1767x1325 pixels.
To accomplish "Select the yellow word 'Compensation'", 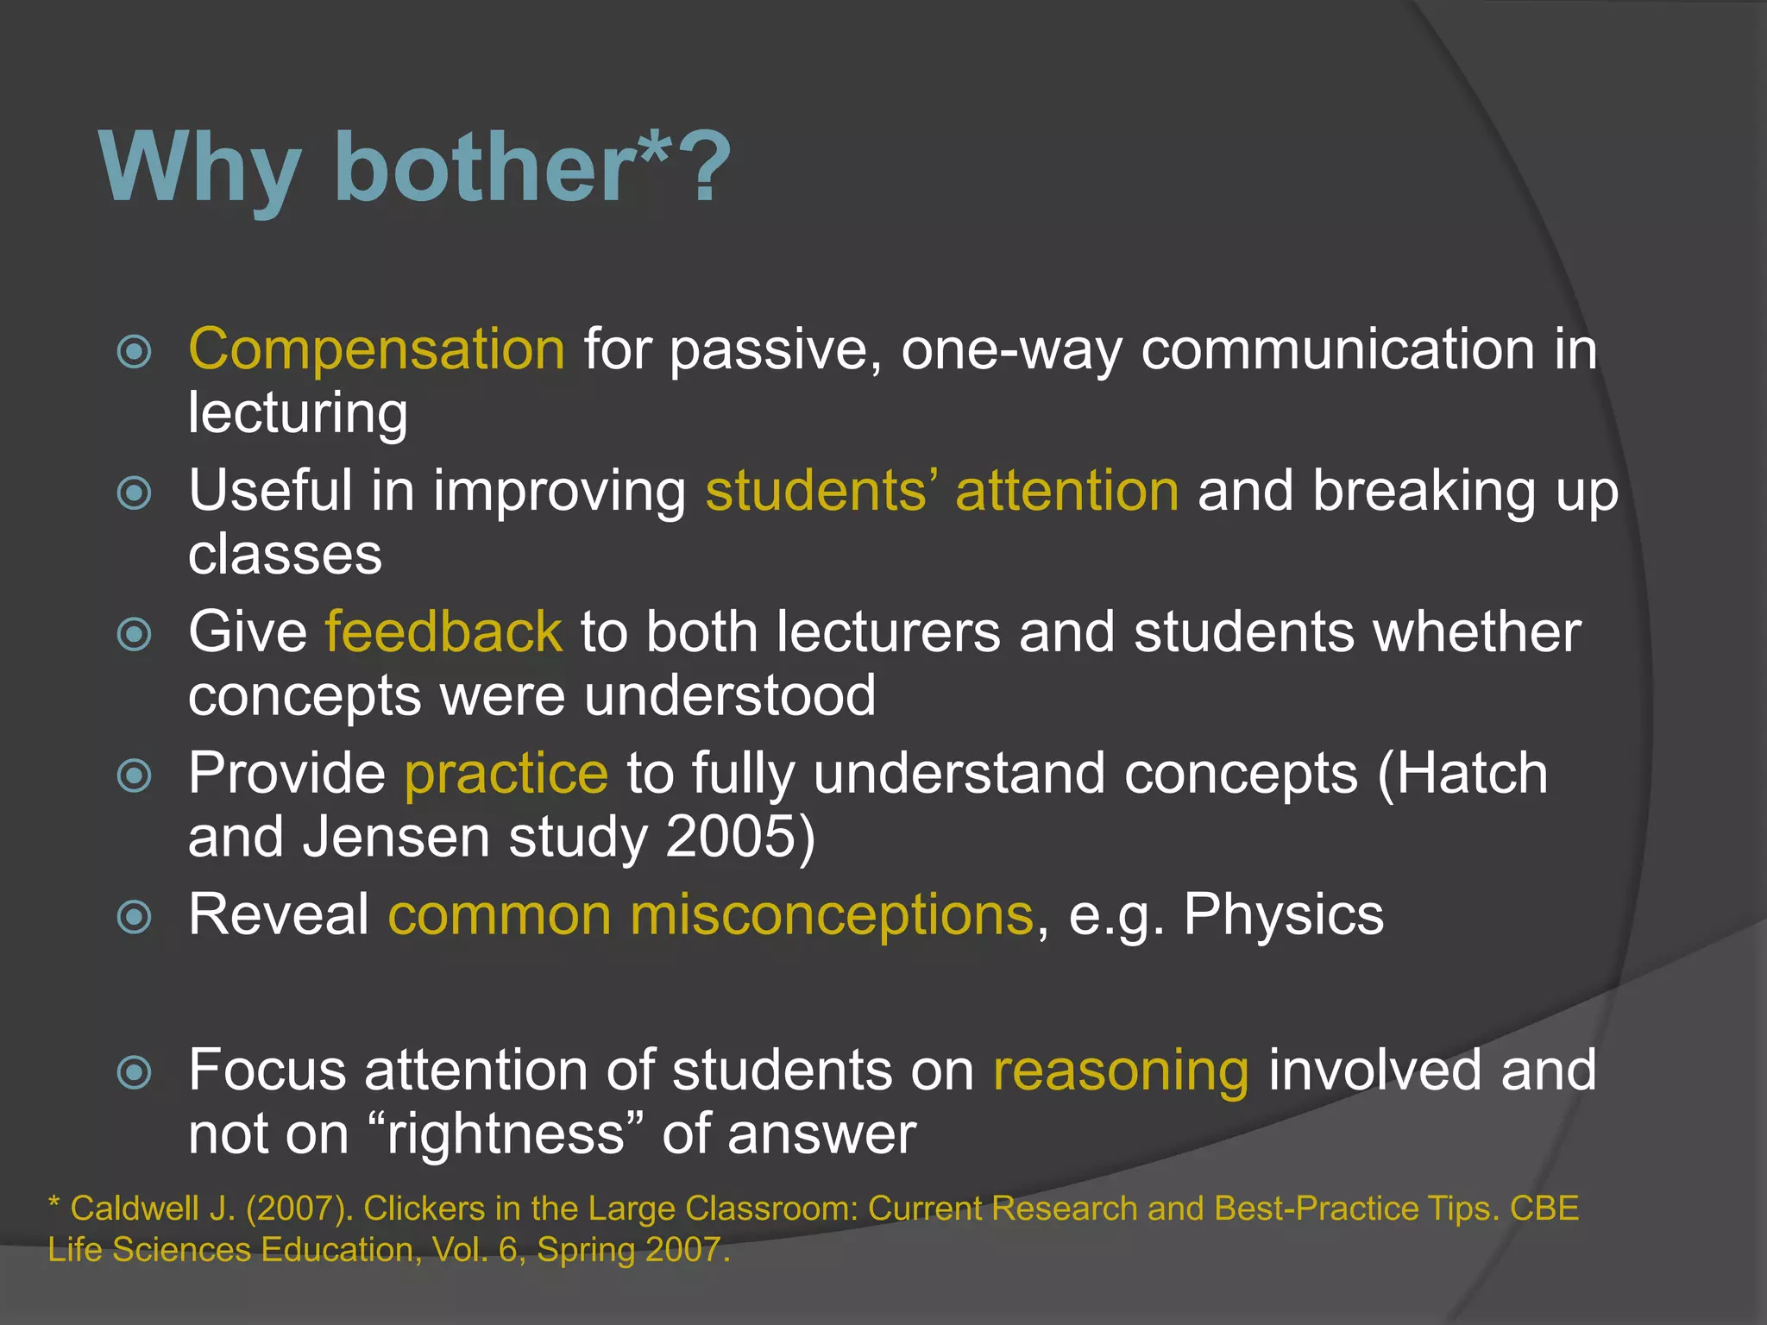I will (377, 349).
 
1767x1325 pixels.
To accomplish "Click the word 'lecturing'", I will (298, 413).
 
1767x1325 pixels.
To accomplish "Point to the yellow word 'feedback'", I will (443, 631).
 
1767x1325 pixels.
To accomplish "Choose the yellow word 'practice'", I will (506, 773).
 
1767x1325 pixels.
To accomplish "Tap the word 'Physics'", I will (1283, 914).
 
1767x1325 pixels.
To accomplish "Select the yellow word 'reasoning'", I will (1121, 1071).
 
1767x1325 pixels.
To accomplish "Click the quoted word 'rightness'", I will (506, 1133).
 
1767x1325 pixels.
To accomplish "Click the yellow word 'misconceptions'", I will (832, 914).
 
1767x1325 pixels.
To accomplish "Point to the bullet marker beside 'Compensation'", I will (135, 352).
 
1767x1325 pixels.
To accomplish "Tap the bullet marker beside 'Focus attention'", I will (135, 1073).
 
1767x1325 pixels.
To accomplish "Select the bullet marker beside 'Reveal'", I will (135, 917).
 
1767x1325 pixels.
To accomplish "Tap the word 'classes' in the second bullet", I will (285, 554).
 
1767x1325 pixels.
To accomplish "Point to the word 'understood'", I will (730, 695).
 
